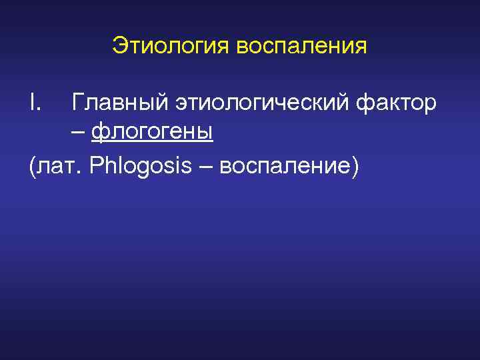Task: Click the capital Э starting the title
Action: click(119, 46)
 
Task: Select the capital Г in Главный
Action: click(77, 103)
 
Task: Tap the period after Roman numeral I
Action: click(39, 111)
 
